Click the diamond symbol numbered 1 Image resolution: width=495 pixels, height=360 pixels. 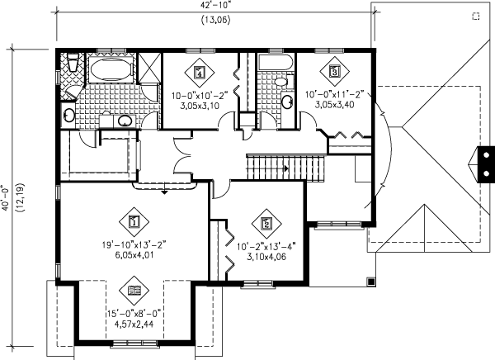click(x=134, y=221)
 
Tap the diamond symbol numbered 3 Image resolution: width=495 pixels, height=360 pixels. click(x=334, y=72)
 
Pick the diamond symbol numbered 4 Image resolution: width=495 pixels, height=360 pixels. click(x=200, y=73)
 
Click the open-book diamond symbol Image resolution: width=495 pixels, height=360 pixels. click(x=134, y=289)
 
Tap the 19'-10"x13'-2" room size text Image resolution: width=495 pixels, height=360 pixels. click(x=133, y=244)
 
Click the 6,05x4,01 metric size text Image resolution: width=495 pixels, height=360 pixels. click(x=133, y=256)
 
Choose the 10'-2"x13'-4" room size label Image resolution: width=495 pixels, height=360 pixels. click(x=265, y=246)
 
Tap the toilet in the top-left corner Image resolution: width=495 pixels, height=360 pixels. click(x=72, y=63)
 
